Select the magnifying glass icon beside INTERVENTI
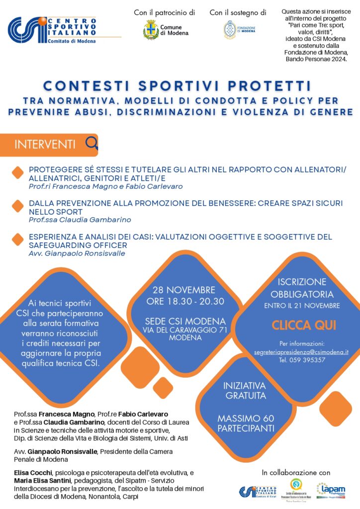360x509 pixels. [x=91, y=144]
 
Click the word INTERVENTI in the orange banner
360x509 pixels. [x=45, y=145]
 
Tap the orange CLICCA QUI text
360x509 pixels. [x=303, y=326]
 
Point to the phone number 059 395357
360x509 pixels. [x=302, y=360]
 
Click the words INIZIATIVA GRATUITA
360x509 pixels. [x=245, y=391]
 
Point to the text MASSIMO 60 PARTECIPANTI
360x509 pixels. [x=246, y=423]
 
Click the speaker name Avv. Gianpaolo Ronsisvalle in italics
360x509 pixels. [x=77, y=253]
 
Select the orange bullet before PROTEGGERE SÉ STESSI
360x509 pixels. [x=18, y=173]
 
